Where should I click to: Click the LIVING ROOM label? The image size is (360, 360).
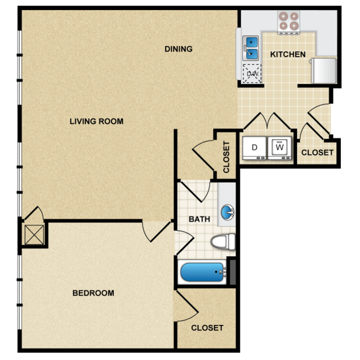pos(96,121)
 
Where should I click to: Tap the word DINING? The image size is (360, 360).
pos(179,49)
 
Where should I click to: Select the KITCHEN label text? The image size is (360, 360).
pos(288,55)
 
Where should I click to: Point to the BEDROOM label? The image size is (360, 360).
pos(93,293)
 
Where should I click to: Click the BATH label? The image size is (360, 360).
pos(199,219)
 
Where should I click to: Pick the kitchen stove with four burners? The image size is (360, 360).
pos(288,23)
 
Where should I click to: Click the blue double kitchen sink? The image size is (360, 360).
pos(251,48)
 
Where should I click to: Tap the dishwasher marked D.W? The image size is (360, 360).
pos(252,73)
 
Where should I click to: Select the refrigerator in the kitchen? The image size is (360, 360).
pos(323,70)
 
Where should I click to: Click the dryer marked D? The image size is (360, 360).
pos(255,148)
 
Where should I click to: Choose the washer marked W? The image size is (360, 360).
pos(279,148)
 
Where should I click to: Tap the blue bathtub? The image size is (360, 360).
pos(202,272)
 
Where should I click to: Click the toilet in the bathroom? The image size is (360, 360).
pos(223,242)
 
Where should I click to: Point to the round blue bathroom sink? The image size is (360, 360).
pos(227,212)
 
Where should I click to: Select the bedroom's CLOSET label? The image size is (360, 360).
pos(207,328)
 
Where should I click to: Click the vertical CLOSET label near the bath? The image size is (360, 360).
pos(226,157)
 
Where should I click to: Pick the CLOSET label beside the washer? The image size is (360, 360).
pos(317,153)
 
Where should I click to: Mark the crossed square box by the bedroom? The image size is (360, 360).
pos(34,234)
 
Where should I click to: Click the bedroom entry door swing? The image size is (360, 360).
pos(157,232)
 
